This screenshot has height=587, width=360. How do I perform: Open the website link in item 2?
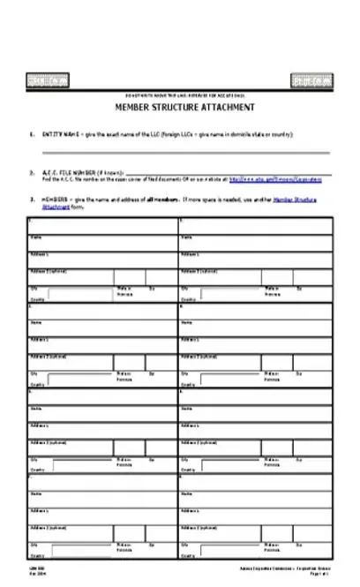[274, 179]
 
